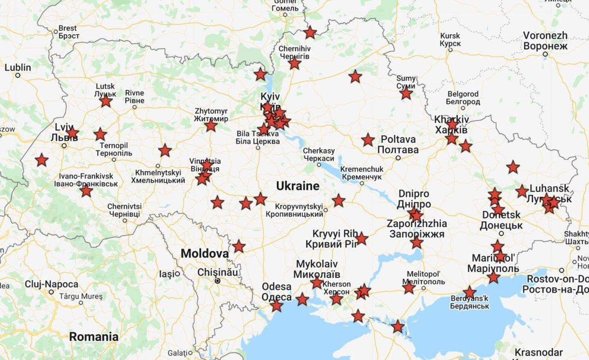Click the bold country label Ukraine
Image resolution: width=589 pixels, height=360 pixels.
pos(297,186)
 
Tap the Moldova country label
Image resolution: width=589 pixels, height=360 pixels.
pos(204,254)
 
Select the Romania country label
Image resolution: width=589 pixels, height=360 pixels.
pos(94,337)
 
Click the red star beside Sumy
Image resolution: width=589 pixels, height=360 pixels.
pos(406,93)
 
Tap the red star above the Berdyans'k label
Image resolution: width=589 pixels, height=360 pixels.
pos(470,293)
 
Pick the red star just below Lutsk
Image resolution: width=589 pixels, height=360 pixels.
pos(106,102)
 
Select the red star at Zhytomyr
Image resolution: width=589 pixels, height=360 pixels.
pos(211,126)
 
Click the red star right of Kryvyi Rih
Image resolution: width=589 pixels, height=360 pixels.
pos(361,239)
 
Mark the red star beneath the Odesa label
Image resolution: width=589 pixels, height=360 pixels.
pos(277,306)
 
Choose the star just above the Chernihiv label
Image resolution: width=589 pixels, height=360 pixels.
pos(310,33)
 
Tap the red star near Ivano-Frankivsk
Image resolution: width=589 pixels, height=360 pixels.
pos(86,191)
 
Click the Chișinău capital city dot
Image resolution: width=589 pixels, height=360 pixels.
pos(217,281)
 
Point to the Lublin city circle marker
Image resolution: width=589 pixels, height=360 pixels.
pos(18,76)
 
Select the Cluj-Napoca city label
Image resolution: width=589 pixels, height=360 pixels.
pos(52,284)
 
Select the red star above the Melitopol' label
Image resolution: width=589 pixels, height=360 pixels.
pos(409,288)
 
